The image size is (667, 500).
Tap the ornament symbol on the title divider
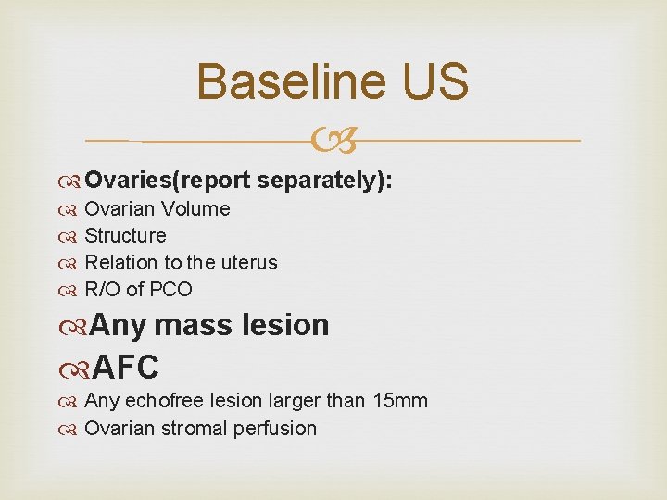tap(333, 142)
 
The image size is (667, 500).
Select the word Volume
tap(197, 209)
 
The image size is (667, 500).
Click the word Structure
tap(125, 236)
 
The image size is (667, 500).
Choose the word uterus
tap(247, 263)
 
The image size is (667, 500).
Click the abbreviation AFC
tap(124, 367)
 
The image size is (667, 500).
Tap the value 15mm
tap(399, 401)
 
